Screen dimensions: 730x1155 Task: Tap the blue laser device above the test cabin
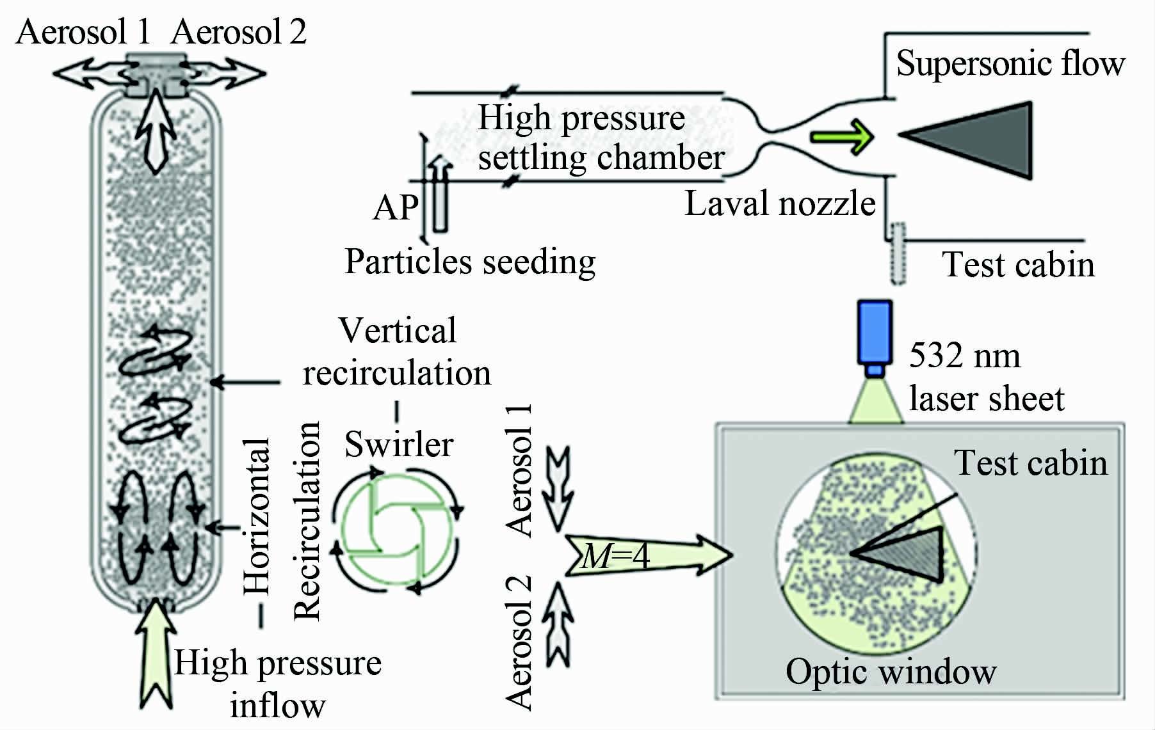[x=876, y=333]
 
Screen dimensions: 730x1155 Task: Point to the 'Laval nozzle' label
[x=780, y=204]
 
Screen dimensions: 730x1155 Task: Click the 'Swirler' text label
[x=399, y=444]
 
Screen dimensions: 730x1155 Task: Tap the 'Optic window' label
[x=891, y=672]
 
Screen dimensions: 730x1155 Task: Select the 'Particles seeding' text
[x=470, y=262]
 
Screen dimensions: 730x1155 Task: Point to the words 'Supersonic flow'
[x=1010, y=63]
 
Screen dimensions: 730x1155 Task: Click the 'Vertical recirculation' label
[x=397, y=352]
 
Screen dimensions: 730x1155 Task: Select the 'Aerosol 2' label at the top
[x=238, y=32]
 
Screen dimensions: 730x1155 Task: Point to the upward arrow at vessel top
[x=156, y=131]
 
